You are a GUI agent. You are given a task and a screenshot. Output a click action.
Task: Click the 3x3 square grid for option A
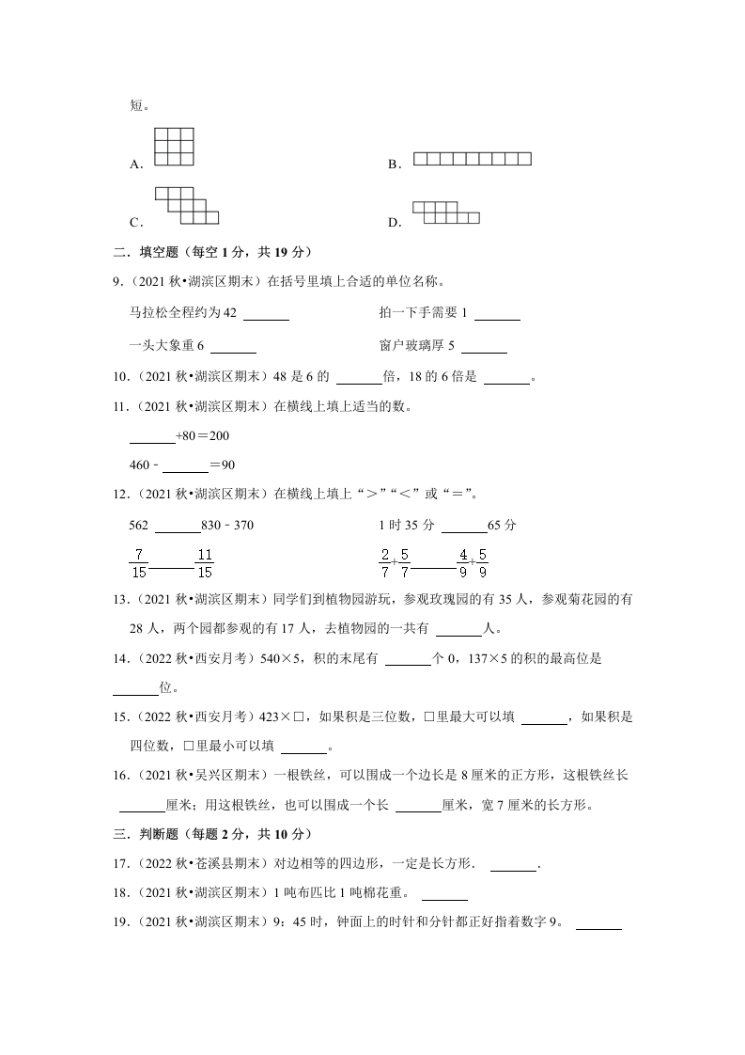pyautogui.click(x=175, y=147)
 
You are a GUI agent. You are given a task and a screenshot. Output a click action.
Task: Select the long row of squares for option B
pyautogui.click(x=473, y=159)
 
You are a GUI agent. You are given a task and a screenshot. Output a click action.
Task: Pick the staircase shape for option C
pyautogui.click(x=186, y=205)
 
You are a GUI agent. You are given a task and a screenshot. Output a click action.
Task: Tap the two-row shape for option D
pyautogui.click(x=445, y=213)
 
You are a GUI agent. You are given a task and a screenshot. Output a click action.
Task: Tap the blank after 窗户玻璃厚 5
pyautogui.click(x=485, y=351)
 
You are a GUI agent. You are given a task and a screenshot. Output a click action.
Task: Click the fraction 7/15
pyautogui.click(x=139, y=563)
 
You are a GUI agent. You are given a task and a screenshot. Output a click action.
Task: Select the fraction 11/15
pyautogui.click(x=205, y=563)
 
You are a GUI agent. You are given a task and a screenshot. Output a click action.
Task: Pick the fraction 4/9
pyautogui.click(x=462, y=563)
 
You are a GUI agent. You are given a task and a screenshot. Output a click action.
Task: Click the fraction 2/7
pyautogui.click(x=385, y=563)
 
